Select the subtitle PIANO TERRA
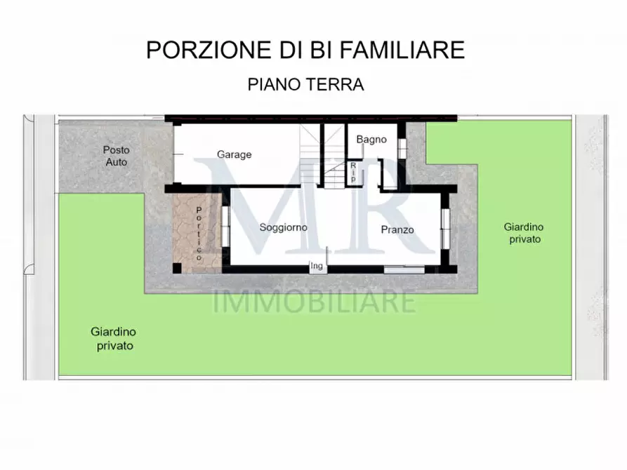(305, 85)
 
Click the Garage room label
(234, 154)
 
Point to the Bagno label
(371, 139)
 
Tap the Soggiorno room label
(283, 227)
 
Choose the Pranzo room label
(397, 229)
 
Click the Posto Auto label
(117, 156)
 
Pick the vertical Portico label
(199, 234)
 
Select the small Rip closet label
(353, 173)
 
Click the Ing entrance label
(317, 266)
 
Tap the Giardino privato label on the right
(522, 233)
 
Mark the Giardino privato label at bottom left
(113, 339)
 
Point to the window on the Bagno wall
(402, 148)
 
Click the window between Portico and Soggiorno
(225, 227)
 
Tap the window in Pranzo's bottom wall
(404, 269)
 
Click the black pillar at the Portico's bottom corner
(176, 269)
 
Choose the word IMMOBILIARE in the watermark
(314, 302)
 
